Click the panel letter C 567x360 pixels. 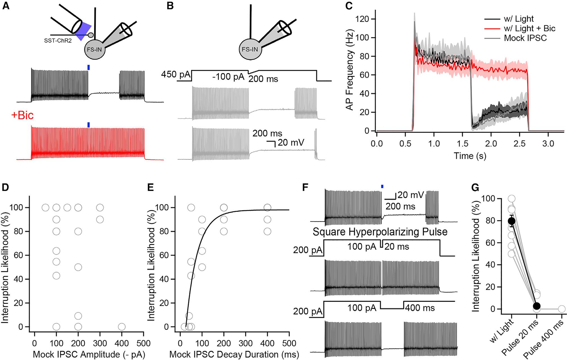pos(349,6)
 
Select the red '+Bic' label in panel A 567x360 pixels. pos(23,115)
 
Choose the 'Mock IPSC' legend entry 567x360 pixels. pos(525,38)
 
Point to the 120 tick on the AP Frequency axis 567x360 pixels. pos(364,19)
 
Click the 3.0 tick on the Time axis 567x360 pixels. pos(548,144)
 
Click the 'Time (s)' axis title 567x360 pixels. pos(470,156)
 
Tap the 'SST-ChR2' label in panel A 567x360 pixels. pos(58,41)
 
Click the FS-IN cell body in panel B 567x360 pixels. pos(250,50)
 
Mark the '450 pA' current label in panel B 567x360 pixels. pos(176,75)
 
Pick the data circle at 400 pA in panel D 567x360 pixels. pos(122,327)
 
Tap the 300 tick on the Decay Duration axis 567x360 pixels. pos(246,343)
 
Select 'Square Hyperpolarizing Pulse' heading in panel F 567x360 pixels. pos(380,232)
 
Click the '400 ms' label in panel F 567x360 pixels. pos(420,308)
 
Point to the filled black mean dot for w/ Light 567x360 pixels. pos(512,221)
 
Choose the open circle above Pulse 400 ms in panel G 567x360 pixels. pos(561,309)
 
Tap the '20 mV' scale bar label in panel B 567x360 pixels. pos(291,143)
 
